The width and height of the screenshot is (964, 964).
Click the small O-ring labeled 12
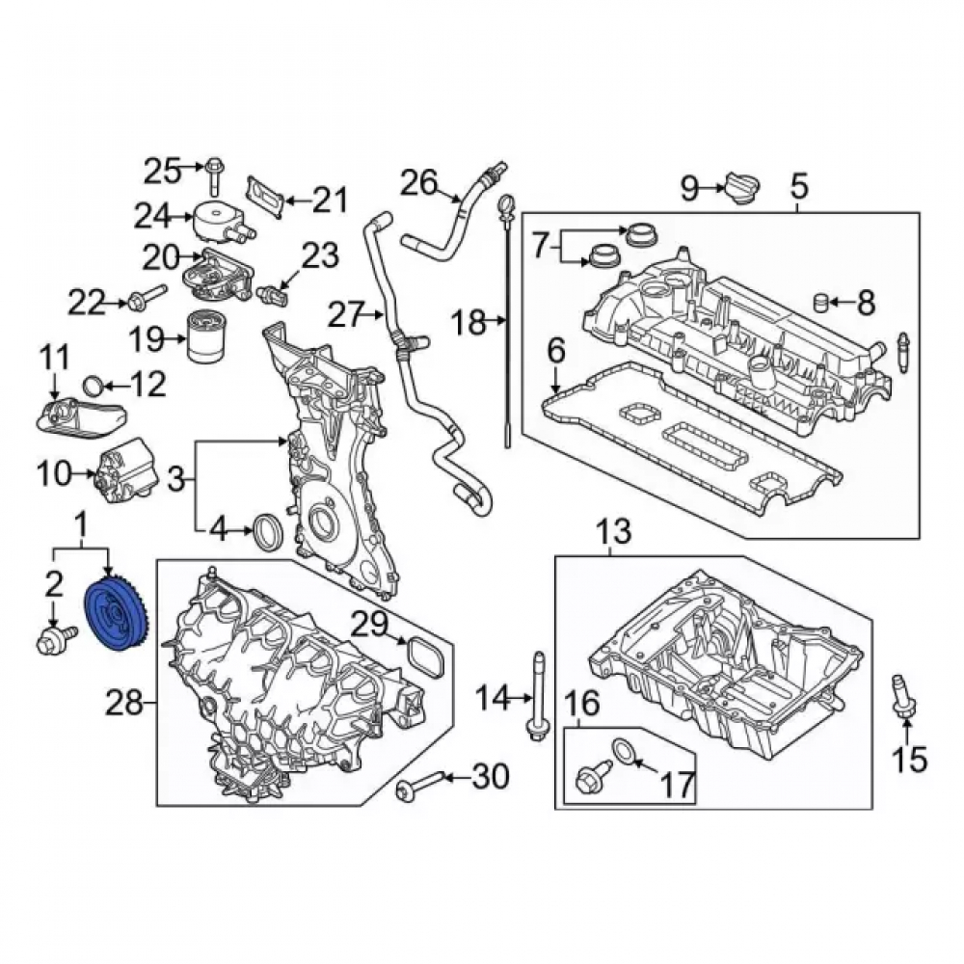pos(94,387)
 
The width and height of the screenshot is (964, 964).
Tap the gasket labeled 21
pos(266,196)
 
